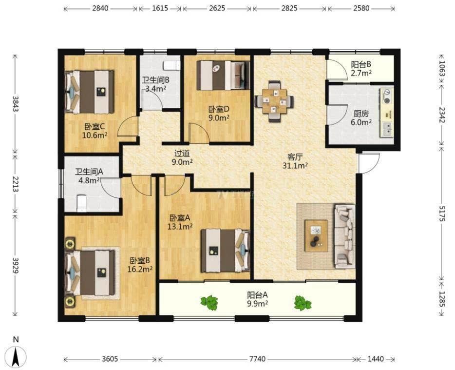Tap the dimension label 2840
click(x=100, y=8)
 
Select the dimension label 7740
click(x=257, y=359)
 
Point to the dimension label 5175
click(x=442, y=214)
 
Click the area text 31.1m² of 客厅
click(x=295, y=166)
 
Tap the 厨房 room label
click(x=360, y=114)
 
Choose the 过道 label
click(x=182, y=153)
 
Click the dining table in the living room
click(x=274, y=101)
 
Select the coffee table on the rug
click(x=316, y=235)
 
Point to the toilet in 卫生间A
click(x=82, y=203)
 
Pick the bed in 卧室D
click(x=223, y=75)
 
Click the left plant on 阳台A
click(x=209, y=303)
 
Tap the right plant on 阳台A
click(x=303, y=303)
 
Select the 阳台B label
click(x=361, y=64)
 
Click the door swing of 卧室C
click(x=128, y=127)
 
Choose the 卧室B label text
click(x=140, y=260)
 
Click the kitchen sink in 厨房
click(x=387, y=129)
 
